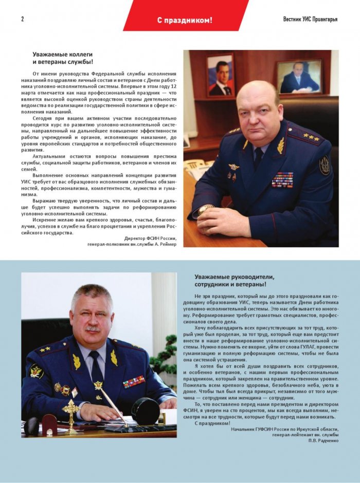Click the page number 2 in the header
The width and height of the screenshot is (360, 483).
pyautogui.click(x=23, y=20)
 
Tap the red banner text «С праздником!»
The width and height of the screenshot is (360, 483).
pyautogui.click(x=185, y=20)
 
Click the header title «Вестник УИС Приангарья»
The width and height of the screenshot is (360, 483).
pyautogui.click(x=310, y=20)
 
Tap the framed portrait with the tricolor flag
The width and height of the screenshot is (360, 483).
pyautogui.click(x=220, y=75)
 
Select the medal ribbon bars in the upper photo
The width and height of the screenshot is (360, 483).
pyautogui.click(x=282, y=179)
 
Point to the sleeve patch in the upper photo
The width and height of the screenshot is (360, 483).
pyautogui.click(x=325, y=165)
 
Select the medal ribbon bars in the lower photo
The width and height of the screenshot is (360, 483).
pyautogui.click(x=133, y=381)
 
